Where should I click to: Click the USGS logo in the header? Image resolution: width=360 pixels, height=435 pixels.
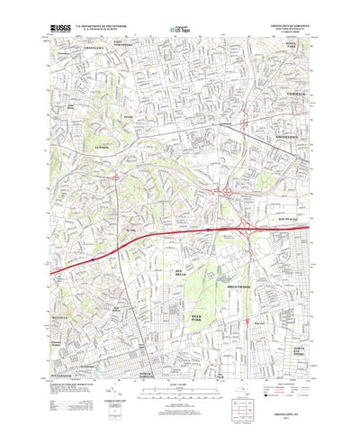point(59,29)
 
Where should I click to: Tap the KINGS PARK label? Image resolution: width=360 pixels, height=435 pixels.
point(290,45)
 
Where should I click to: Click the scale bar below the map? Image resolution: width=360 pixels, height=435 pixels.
point(180,390)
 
